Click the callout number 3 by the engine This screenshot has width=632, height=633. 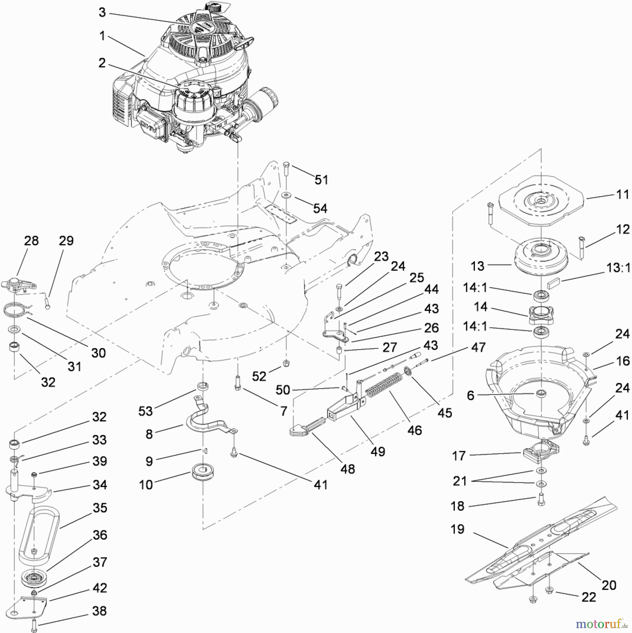click(x=102, y=13)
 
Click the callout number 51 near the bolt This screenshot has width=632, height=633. click(x=321, y=180)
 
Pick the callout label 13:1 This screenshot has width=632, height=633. click(x=618, y=268)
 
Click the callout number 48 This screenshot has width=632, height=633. click(x=348, y=469)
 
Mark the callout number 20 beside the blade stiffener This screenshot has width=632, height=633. click(x=608, y=585)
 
